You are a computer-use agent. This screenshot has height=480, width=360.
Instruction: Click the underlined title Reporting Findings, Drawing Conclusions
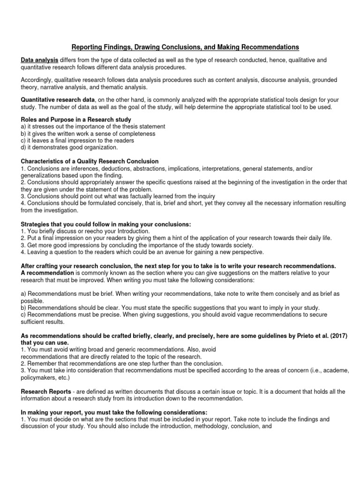click(184, 47)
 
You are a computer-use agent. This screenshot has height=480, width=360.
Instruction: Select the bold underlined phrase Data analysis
click(39, 60)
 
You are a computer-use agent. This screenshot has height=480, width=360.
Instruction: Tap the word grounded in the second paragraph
click(321, 80)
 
